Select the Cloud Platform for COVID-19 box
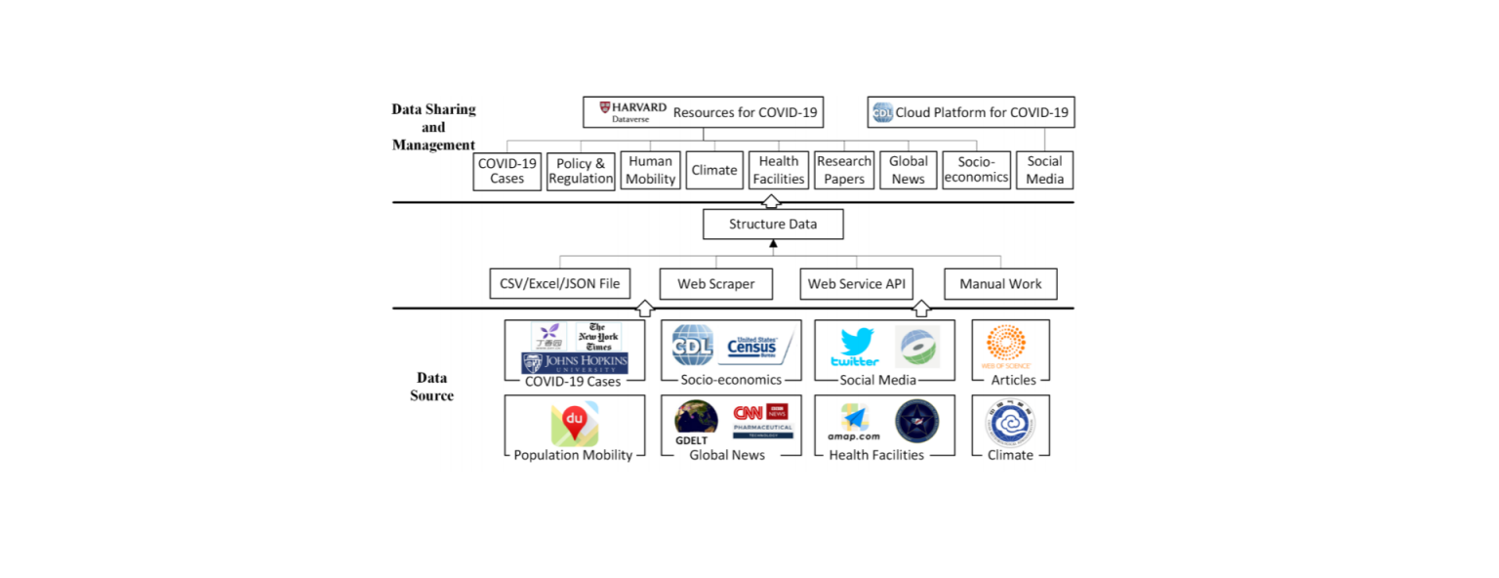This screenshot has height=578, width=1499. pyautogui.click(x=971, y=112)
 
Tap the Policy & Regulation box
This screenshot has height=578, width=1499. pyautogui.click(x=581, y=171)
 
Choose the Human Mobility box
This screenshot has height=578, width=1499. pyautogui.click(x=651, y=170)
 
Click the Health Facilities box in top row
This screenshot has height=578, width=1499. pyautogui.click(x=778, y=170)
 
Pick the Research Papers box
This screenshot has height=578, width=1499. pyautogui.click(x=844, y=170)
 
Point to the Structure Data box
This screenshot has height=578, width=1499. pyautogui.click(x=773, y=225)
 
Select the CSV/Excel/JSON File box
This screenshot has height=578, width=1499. pyautogui.click(x=559, y=284)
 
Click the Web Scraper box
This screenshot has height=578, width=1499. pyautogui.click(x=715, y=284)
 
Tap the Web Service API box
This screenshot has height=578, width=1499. pyautogui.click(x=857, y=284)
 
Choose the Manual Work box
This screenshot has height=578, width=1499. pyautogui.click(x=1000, y=284)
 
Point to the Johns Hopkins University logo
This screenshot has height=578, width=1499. pyautogui.click(x=575, y=363)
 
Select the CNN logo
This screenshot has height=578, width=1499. pyautogui.click(x=749, y=412)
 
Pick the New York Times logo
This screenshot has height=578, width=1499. pyautogui.click(x=598, y=337)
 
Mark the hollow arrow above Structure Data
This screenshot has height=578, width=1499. pyautogui.click(x=771, y=201)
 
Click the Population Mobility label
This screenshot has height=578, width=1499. pyautogui.click(x=573, y=455)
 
